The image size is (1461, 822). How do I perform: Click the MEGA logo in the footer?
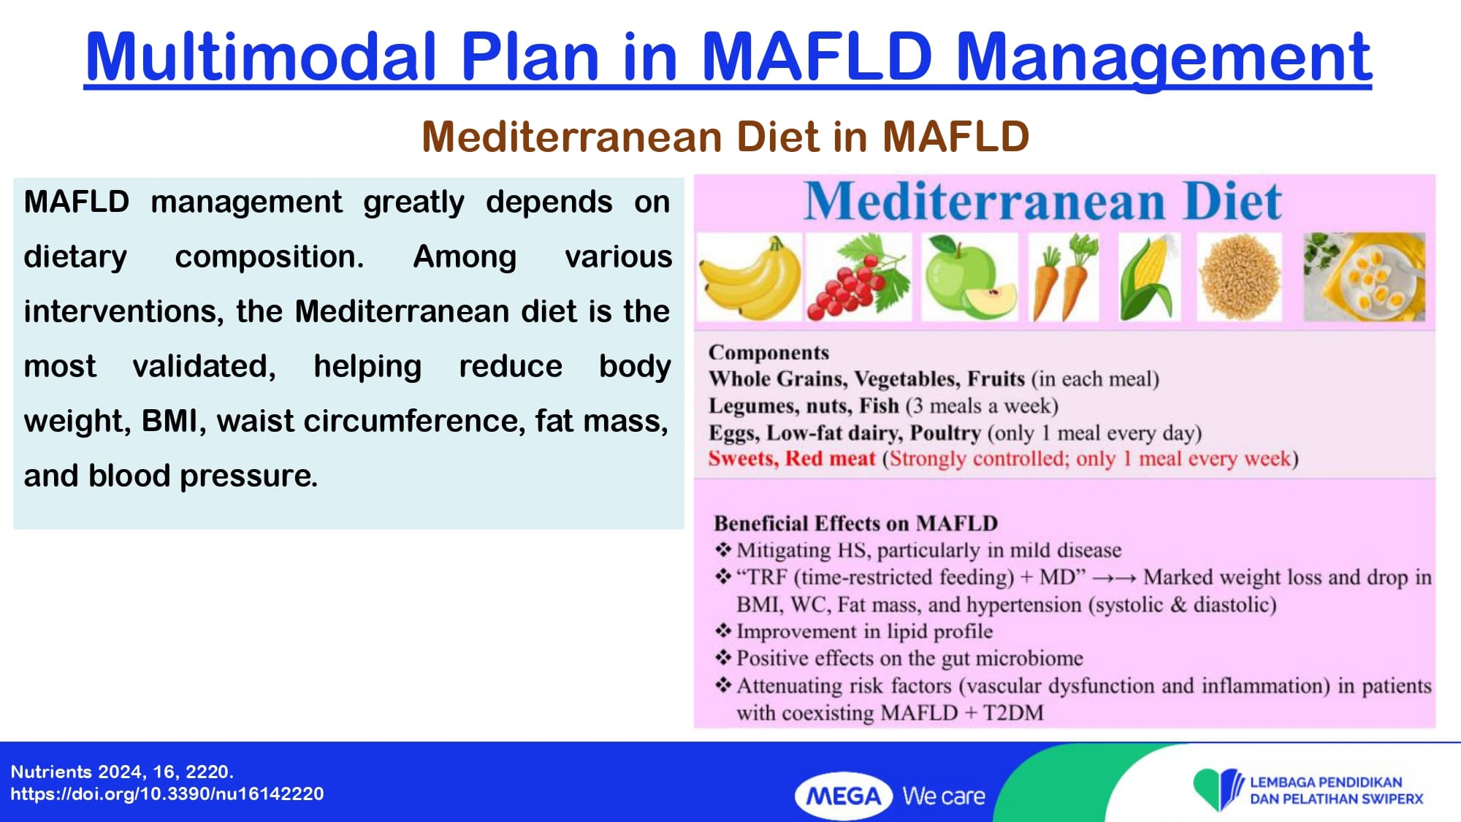[x=844, y=796]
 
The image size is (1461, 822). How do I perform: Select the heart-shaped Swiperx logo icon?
[x=1218, y=789]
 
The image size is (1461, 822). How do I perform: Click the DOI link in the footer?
[x=167, y=794]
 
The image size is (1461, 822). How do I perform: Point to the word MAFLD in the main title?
[x=817, y=56]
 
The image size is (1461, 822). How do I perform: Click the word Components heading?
[x=768, y=353]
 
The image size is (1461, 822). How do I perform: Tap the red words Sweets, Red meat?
[x=792, y=459]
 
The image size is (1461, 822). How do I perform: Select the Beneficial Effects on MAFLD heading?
[x=855, y=524]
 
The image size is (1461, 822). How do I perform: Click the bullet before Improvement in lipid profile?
[x=723, y=631]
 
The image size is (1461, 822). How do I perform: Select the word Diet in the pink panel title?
[x=1232, y=201]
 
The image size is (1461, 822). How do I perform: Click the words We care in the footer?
[x=944, y=796]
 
